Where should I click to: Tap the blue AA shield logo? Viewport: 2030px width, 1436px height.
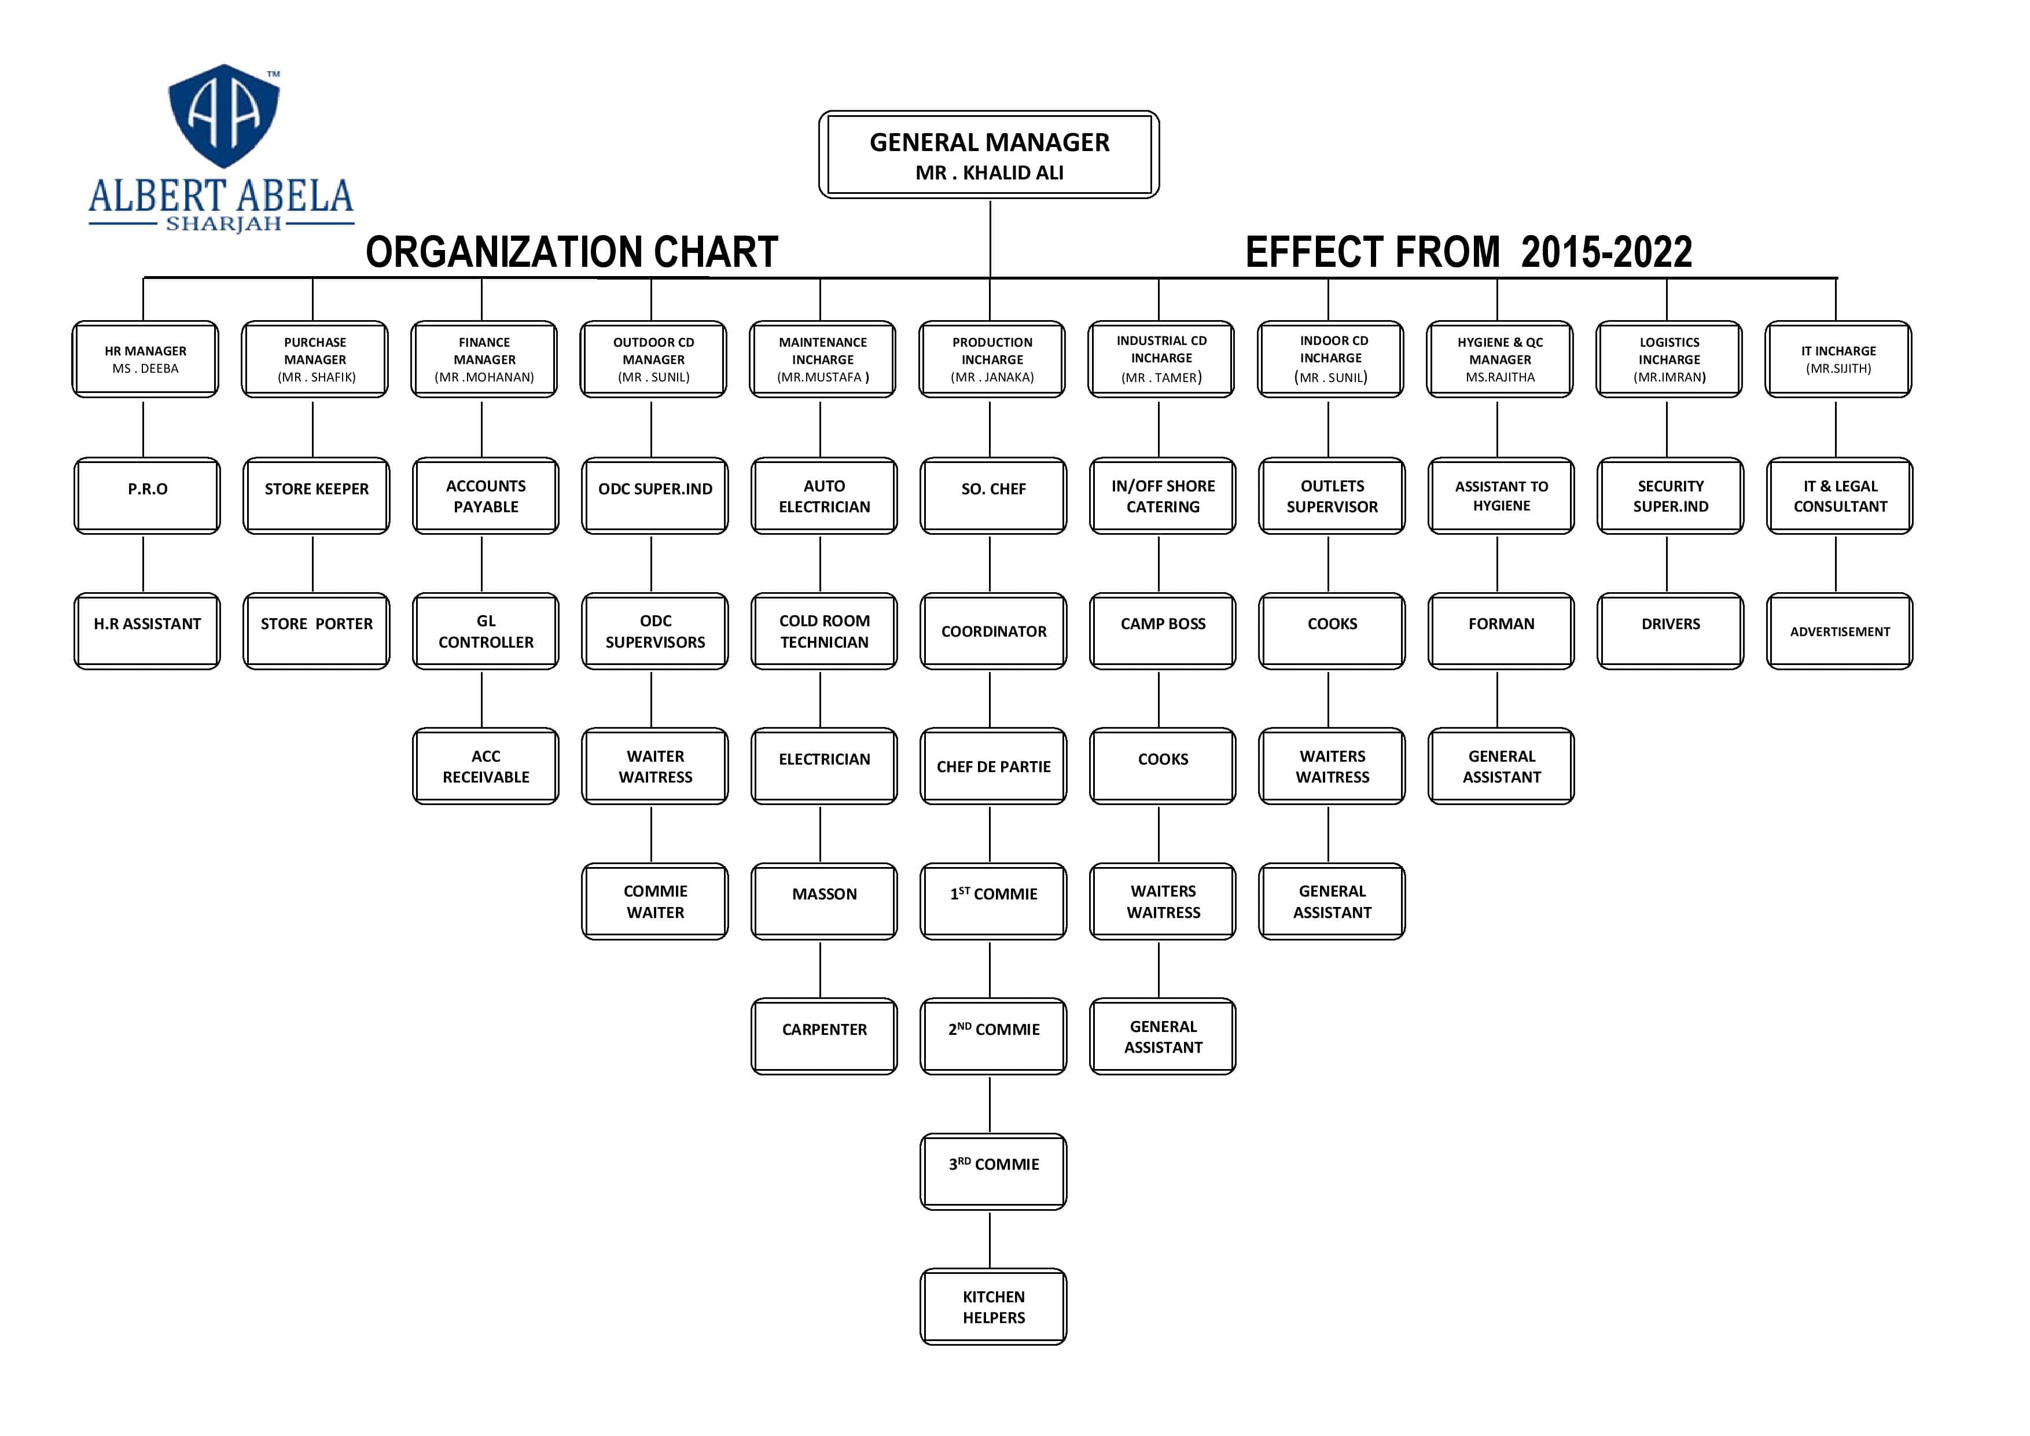[224, 115]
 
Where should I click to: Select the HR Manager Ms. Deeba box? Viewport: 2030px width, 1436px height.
[145, 359]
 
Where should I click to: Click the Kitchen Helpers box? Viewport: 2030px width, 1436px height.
[993, 1307]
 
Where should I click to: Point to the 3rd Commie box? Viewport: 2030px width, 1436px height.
[993, 1171]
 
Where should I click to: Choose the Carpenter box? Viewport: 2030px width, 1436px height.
[824, 1036]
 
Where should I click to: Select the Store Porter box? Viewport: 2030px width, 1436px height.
[317, 631]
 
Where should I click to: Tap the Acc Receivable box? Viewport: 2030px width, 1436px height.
[486, 767]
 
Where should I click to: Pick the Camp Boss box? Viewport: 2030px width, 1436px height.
[1163, 631]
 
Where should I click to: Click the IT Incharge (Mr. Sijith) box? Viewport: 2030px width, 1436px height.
[1838, 359]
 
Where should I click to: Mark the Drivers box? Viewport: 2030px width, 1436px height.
[1670, 631]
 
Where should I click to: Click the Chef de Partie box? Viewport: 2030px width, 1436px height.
[993, 767]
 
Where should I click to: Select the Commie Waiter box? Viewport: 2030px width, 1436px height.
[655, 902]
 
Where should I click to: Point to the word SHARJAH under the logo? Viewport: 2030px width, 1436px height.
[224, 224]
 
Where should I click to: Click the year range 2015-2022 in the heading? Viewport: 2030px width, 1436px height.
[1606, 252]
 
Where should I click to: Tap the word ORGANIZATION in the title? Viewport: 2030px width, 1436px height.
[503, 252]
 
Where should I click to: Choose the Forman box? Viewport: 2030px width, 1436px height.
[1501, 631]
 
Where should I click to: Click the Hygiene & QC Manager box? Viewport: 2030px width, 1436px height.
[1499, 359]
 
